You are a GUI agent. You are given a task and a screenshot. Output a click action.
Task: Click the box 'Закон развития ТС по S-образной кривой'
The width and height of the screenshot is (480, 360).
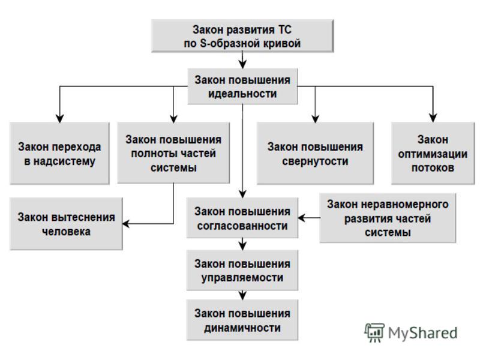[242, 36]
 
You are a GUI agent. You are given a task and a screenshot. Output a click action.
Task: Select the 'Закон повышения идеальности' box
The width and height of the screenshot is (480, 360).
[242, 86]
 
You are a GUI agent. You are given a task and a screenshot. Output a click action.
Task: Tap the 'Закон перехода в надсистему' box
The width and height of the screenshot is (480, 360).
[59, 154]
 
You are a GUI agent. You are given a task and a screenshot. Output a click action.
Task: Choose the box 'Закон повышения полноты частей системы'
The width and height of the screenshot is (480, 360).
[173, 153]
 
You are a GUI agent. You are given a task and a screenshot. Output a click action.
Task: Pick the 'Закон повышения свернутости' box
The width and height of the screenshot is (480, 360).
[315, 154]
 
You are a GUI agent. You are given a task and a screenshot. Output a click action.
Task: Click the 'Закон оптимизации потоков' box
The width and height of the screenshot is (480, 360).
[433, 154]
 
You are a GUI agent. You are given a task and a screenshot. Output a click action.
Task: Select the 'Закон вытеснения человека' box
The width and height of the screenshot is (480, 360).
[66, 224]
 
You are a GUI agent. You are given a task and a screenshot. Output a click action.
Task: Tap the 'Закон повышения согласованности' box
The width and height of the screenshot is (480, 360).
[242, 218]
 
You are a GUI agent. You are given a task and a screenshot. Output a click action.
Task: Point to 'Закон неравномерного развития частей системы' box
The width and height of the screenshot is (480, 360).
[388, 218]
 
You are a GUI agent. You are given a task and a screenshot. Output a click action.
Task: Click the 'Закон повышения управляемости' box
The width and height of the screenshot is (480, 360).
[242, 270]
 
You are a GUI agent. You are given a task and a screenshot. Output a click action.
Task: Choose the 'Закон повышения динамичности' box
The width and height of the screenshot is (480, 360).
[242, 320]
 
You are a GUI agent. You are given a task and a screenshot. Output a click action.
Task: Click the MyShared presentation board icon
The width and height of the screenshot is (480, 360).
[374, 332]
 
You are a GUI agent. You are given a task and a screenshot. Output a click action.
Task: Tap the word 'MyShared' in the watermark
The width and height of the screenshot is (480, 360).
[422, 333]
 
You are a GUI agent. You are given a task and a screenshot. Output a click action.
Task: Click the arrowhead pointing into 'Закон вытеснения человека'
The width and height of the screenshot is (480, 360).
[126, 224]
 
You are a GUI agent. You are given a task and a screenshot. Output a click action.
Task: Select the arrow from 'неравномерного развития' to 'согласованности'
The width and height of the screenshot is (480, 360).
[309, 218]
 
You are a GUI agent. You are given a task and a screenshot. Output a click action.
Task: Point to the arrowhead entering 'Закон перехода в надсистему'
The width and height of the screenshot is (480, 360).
[59, 118]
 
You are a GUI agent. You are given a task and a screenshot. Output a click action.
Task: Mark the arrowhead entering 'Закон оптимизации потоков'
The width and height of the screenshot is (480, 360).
[433, 118]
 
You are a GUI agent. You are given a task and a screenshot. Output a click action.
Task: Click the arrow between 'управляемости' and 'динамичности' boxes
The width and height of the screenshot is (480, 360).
[242, 295]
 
